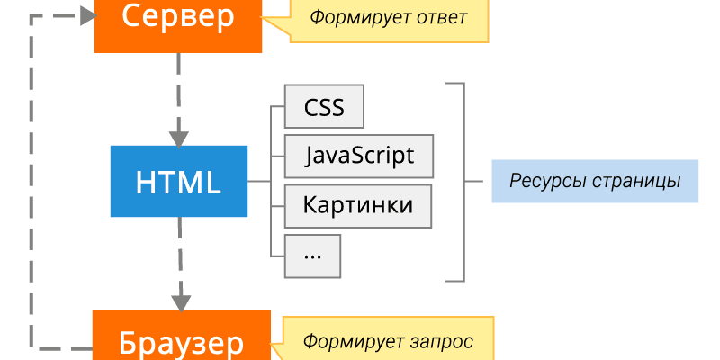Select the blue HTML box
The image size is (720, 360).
click(x=178, y=182)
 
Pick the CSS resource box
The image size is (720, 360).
click(x=324, y=108)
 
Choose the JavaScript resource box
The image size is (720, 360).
click(x=359, y=156)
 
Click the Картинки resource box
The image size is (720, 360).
click(x=358, y=205)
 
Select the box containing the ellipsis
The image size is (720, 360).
click(x=313, y=255)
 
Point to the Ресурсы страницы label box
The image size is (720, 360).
click(x=594, y=181)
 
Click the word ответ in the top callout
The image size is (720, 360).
click(x=441, y=18)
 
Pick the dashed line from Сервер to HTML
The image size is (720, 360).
click(x=179, y=90)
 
